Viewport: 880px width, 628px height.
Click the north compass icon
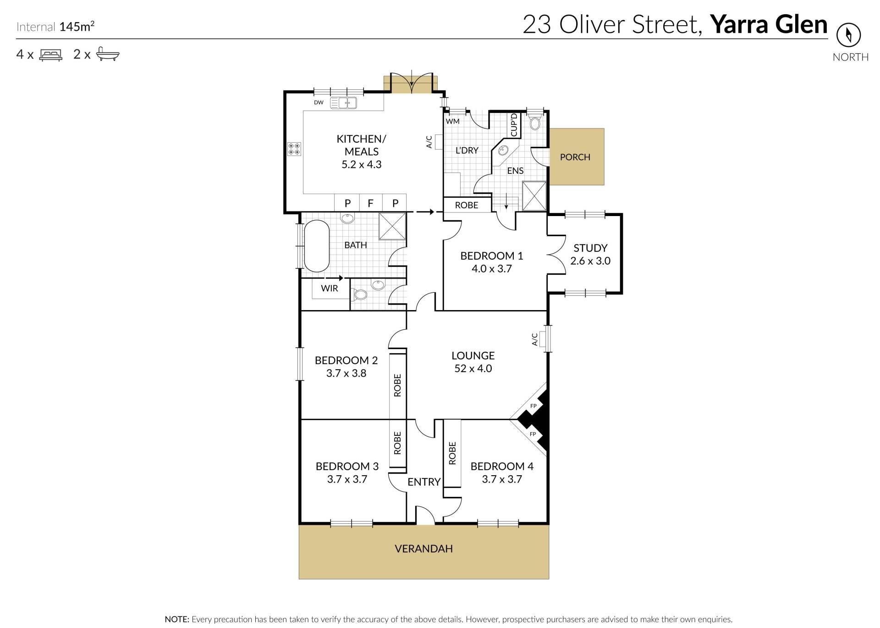(x=848, y=35)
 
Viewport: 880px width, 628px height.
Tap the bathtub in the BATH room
(x=317, y=246)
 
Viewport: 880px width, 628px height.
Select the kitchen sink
(x=343, y=103)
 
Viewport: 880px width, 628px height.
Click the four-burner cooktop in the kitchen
(x=294, y=149)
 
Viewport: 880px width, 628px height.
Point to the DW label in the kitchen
(x=319, y=102)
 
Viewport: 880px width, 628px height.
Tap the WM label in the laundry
(x=453, y=122)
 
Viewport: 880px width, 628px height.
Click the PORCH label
(x=575, y=157)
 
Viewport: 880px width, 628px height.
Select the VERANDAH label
(x=423, y=549)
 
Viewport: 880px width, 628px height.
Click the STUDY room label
(x=590, y=248)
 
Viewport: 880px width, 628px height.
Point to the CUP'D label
(x=514, y=125)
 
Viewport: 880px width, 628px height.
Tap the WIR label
(x=330, y=289)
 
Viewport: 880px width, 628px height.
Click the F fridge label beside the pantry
(x=371, y=203)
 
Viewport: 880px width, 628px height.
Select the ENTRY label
(x=424, y=482)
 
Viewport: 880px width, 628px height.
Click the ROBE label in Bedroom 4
(x=452, y=453)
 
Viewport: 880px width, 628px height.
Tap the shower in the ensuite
(x=534, y=196)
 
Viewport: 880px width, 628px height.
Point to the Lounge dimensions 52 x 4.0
(x=473, y=368)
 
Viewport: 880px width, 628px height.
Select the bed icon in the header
(x=51, y=55)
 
